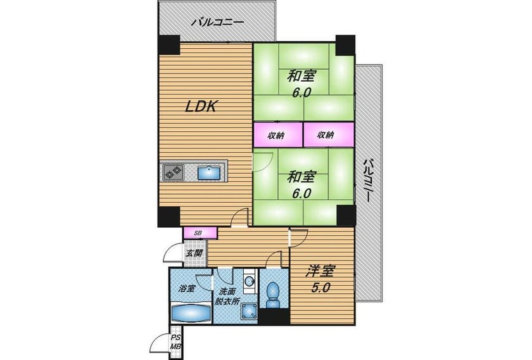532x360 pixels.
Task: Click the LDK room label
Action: (x=201, y=106)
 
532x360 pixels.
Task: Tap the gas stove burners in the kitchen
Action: (x=173, y=172)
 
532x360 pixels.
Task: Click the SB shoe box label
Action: (x=198, y=233)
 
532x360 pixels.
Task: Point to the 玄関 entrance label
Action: (x=195, y=254)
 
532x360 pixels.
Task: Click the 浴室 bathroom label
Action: (x=187, y=289)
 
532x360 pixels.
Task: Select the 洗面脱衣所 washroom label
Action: (x=227, y=296)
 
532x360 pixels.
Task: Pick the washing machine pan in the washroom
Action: (x=249, y=311)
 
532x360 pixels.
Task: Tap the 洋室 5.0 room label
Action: (x=320, y=279)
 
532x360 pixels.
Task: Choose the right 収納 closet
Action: (x=329, y=135)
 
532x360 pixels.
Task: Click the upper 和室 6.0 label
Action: (x=301, y=84)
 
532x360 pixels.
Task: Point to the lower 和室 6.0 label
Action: (x=301, y=185)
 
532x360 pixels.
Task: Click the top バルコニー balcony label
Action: (x=217, y=23)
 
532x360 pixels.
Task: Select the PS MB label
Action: (x=176, y=342)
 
